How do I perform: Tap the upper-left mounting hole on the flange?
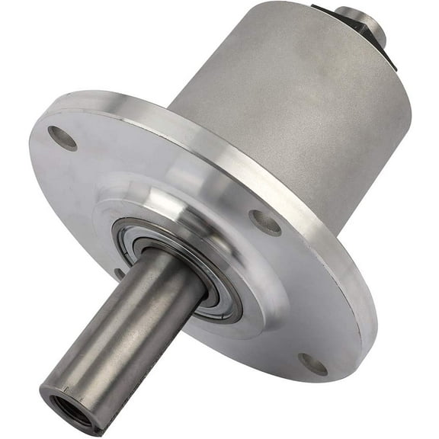point(62,138)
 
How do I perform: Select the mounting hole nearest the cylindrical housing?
point(265,222)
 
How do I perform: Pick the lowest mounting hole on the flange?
point(313,364)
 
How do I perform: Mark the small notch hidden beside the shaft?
point(118,272)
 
